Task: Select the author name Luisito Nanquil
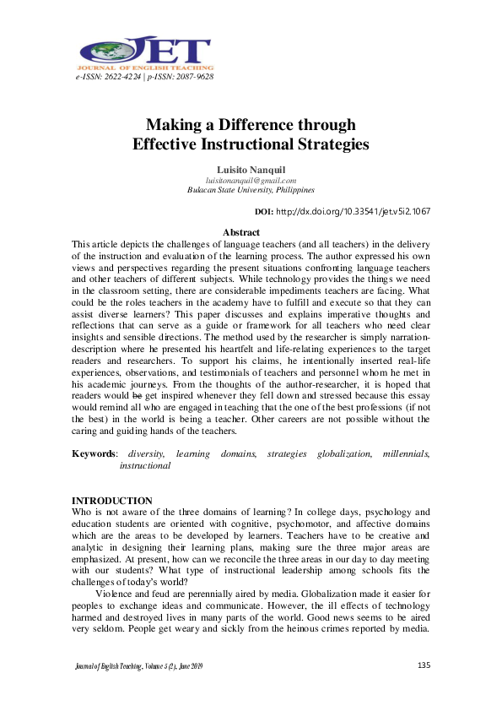pyautogui.click(x=251, y=171)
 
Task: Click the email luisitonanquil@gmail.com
pyautogui.click(x=251, y=180)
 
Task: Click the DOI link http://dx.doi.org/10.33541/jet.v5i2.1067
pyautogui.click(x=354, y=211)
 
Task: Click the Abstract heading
pyautogui.click(x=240, y=232)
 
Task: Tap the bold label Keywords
pyautogui.click(x=92, y=453)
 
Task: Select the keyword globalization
pyautogui.click(x=344, y=453)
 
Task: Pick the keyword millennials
pyautogui.click(x=406, y=453)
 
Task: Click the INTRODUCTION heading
pyautogui.click(x=112, y=501)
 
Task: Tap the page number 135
pyautogui.click(x=424, y=666)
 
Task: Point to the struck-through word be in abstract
pyautogui.click(x=138, y=394)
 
